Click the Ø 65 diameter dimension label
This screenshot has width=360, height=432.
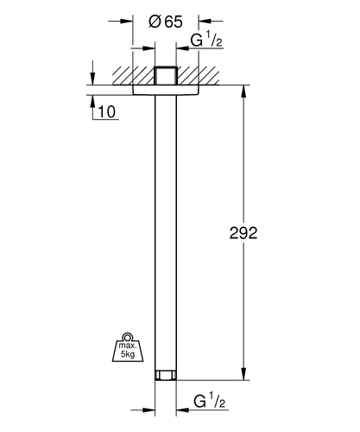click(166, 22)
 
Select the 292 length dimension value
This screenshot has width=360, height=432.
click(243, 232)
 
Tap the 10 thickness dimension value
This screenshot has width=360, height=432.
click(107, 111)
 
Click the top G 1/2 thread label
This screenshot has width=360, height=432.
click(206, 40)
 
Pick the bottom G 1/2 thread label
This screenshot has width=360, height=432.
click(209, 401)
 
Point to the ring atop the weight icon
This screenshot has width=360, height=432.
click(128, 337)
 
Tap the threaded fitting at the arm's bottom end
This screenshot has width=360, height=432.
click(166, 375)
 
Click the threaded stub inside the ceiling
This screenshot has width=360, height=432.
click(166, 76)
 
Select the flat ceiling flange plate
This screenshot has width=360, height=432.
click(166, 90)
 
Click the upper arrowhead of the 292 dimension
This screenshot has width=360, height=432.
click(243, 92)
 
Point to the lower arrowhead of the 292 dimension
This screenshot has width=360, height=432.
click(243, 373)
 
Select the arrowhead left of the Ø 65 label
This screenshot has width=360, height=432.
click(127, 21)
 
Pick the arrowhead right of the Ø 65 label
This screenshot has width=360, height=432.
click(205, 21)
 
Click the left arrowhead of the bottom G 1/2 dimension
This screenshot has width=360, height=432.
click(148, 410)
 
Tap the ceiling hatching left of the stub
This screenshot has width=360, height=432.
click(134, 76)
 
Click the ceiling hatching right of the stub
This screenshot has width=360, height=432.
click(198, 76)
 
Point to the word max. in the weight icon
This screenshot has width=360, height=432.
click(128, 346)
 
